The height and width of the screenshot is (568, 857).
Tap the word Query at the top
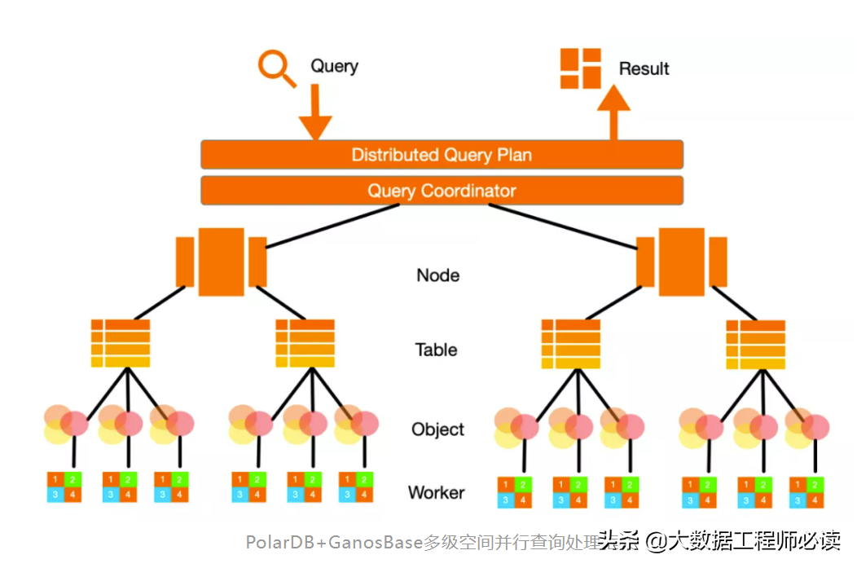[x=334, y=66]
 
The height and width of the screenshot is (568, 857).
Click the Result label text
[x=644, y=69]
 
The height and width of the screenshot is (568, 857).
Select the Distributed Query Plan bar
[x=442, y=154]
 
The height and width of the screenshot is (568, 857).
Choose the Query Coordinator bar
[x=442, y=192]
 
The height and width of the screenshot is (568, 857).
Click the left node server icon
[x=221, y=262]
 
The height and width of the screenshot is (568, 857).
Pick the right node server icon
[x=682, y=262]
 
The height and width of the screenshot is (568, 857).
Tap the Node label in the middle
[x=437, y=275]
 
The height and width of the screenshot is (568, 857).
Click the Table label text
[x=436, y=350]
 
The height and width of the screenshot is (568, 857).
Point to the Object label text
[x=437, y=429]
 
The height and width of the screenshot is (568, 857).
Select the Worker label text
[x=436, y=492]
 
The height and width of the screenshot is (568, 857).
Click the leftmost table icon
[x=120, y=343]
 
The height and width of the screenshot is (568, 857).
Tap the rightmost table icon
[x=755, y=343]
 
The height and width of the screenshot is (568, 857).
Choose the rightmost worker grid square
[x=807, y=492]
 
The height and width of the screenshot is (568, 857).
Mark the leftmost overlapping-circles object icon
[x=66, y=425]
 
